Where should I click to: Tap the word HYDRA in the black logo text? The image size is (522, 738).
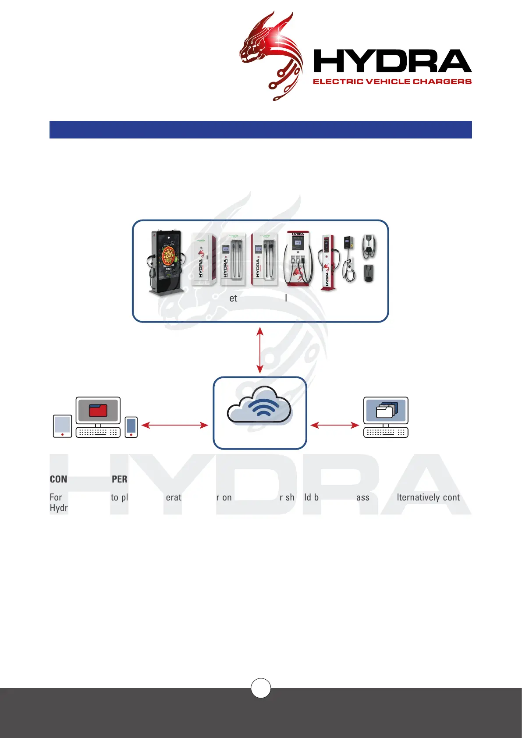tap(392, 61)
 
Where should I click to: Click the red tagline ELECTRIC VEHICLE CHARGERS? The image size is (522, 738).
tap(392, 82)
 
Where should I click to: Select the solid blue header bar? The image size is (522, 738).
tap(260, 130)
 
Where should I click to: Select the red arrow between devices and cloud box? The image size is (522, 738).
tap(174, 425)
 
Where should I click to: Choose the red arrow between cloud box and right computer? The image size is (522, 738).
tap(335, 425)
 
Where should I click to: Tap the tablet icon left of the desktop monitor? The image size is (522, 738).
tap(62, 426)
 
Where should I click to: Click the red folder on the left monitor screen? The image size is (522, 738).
tap(98, 410)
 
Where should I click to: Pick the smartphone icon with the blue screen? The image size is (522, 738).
tap(131, 427)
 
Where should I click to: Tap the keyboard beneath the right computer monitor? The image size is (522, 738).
tap(386, 432)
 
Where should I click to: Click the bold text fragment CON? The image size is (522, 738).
tap(58, 479)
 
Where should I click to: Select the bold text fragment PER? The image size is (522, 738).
tap(119, 479)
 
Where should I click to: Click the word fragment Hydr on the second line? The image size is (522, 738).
tap(59, 508)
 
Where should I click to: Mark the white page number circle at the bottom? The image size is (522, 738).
tap(261, 688)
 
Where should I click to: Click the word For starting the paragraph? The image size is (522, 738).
tap(56, 497)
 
